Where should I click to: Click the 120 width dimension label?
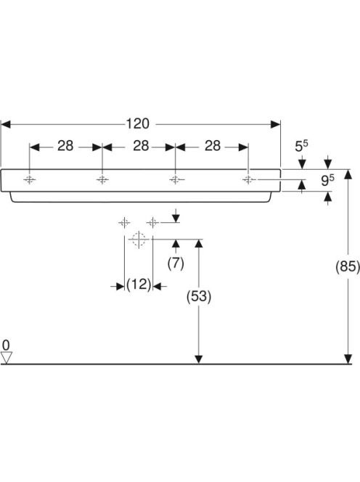[138, 124]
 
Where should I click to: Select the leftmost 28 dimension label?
[65, 146]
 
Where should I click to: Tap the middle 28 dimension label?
[141, 146]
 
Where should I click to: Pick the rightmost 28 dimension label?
[213, 146]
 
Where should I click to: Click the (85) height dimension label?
[348, 266]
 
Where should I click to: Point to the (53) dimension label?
[199, 296]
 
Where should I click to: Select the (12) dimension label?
[139, 285]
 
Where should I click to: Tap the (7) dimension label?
[176, 264]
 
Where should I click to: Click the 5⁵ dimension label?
[302, 147]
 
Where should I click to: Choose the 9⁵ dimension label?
[328, 181]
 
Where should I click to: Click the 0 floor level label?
[6, 346]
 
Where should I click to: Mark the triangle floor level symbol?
[6, 357]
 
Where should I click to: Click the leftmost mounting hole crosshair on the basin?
[30, 179]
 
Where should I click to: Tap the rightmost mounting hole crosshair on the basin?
[248, 179]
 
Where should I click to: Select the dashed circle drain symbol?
[139, 239]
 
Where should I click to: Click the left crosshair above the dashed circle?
[124, 222]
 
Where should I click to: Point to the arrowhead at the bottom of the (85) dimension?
[348, 359]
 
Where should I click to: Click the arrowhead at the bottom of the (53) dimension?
[199, 359]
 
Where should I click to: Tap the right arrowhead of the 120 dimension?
[275, 124]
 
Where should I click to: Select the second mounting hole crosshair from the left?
[102, 179]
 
